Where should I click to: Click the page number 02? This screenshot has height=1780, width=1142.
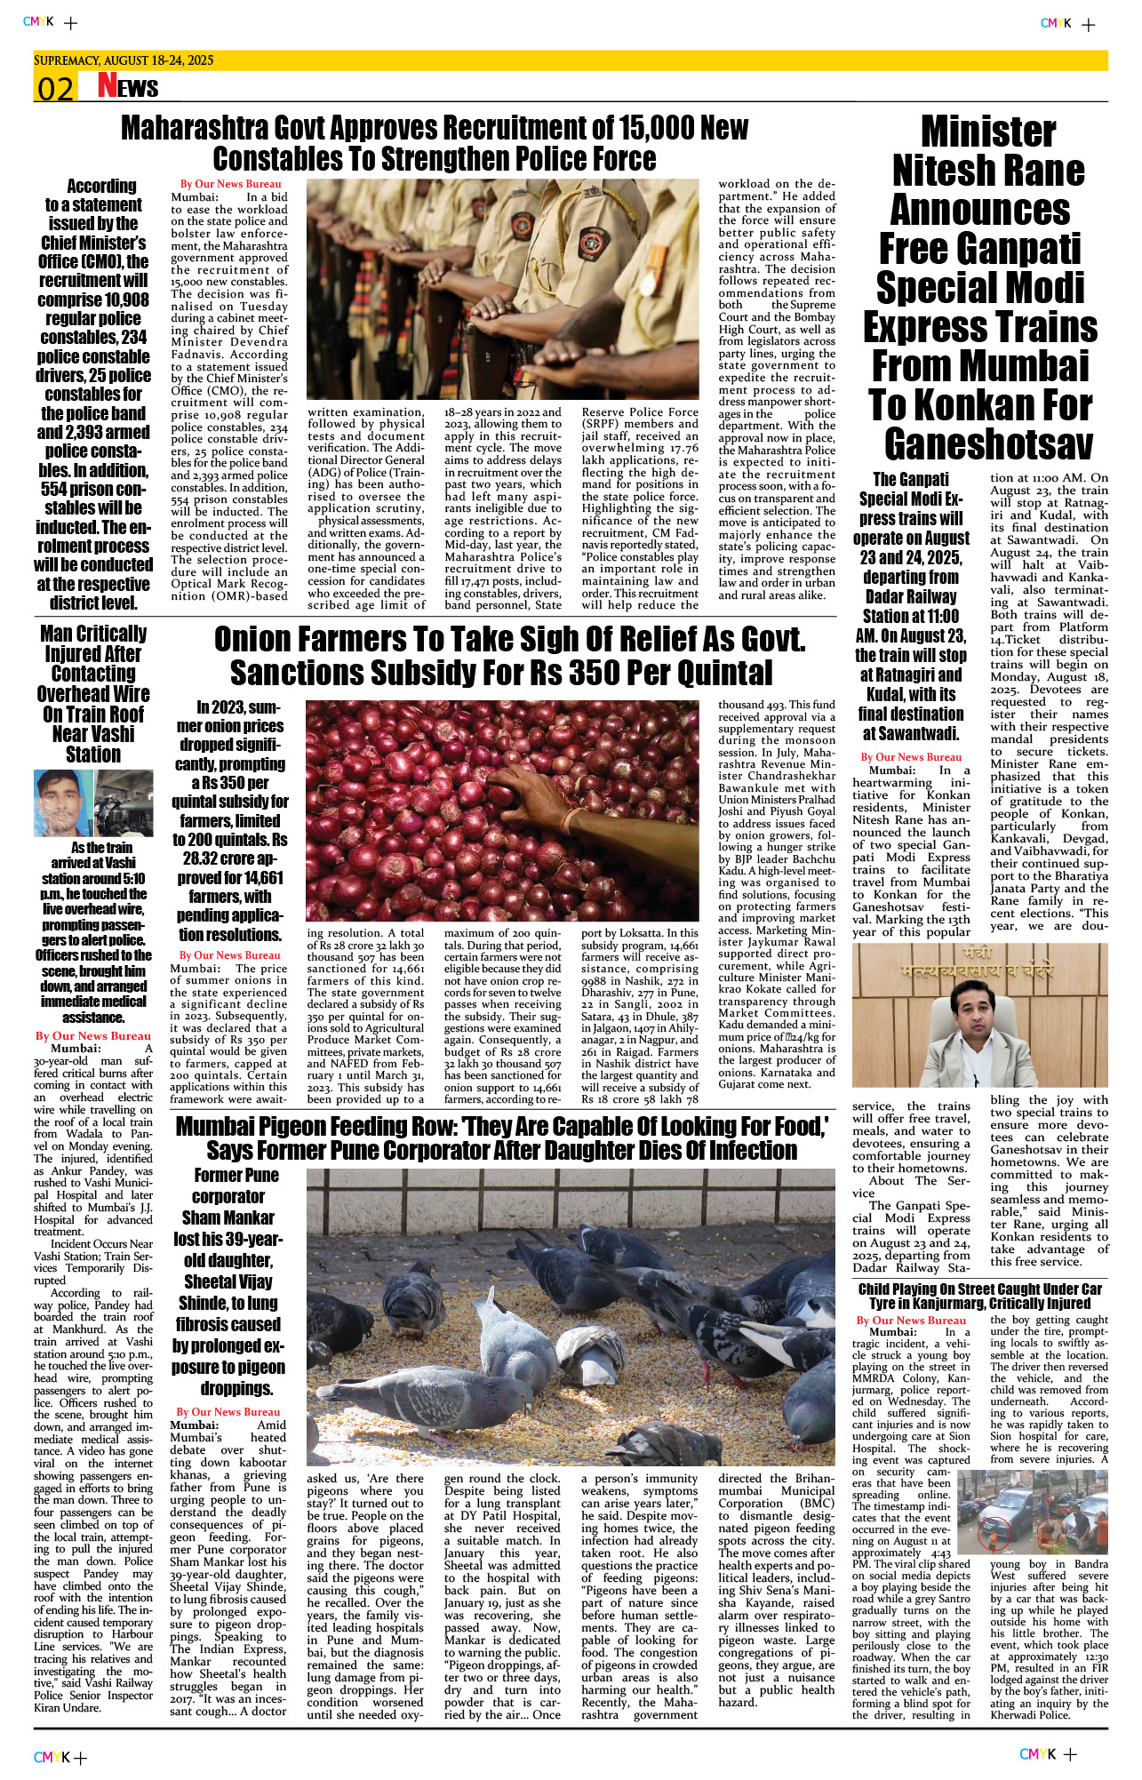click(x=54, y=89)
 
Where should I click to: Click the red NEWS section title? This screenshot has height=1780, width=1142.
click(x=128, y=86)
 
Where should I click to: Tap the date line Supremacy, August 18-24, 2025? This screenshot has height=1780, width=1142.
click(x=124, y=60)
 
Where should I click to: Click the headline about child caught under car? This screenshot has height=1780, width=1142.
click(x=979, y=1296)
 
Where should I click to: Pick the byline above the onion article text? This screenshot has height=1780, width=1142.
click(x=229, y=955)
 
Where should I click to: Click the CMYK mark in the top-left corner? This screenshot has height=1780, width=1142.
click(x=38, y=22)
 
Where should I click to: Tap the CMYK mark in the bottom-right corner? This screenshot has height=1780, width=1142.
click(x=1037, y=1753)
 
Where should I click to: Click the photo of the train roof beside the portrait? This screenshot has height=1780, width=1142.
click(x=124, y=802)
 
